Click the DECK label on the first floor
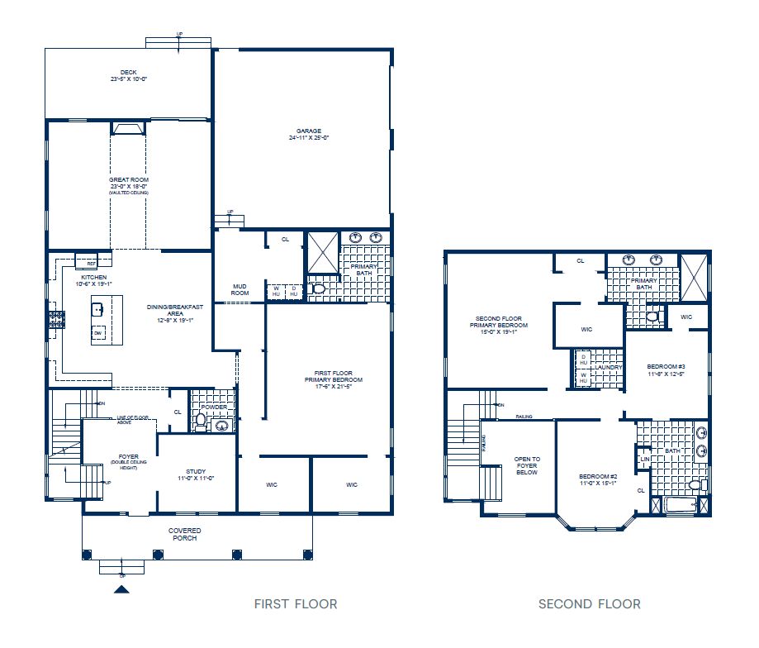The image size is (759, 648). coord(128,75)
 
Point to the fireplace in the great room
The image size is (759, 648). coord(128,128)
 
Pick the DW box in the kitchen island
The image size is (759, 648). coord(97,333)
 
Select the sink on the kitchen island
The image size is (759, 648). coord(97,311)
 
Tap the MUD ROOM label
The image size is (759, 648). coord(240,289)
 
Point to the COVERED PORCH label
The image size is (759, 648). coord(185,534)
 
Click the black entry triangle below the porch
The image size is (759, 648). coord(121,589)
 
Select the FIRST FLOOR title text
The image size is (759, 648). coord(296,604)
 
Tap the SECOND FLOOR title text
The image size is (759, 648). coord(589,604)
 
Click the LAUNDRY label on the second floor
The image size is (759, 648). coord(610,367)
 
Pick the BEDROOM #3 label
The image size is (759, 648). coord(666,369)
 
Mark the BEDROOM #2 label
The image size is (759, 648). coord(598,480)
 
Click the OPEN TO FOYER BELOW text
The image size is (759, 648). coord(527,465)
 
